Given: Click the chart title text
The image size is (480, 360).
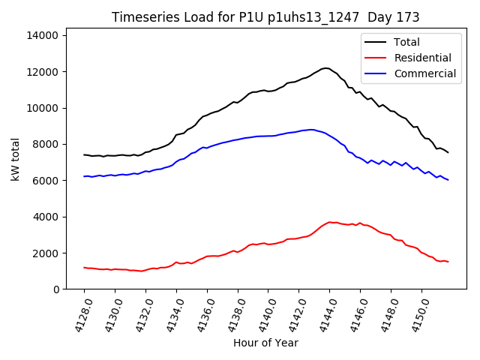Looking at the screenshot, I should tap(265, 17).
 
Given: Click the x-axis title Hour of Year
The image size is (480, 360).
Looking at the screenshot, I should tap(265, 343).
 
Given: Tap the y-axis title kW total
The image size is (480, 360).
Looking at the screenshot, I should tap(15, 160).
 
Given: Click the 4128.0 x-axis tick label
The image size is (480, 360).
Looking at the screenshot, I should tap(81, 311).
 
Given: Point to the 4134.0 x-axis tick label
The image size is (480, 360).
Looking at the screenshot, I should tap(173, 311).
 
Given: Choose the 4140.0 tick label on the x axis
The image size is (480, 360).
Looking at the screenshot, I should tap(265, 311).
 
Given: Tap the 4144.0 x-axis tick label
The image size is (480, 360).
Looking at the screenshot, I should tap(326, 311).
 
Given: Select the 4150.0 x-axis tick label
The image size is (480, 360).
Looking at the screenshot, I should tap(418, 311).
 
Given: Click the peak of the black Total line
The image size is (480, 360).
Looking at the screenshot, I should tap(325, 67).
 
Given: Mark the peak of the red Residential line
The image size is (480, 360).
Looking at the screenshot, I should tap(329, 222).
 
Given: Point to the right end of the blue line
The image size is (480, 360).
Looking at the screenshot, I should tap(448, 180).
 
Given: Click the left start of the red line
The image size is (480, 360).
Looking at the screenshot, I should tap(84, 267).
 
